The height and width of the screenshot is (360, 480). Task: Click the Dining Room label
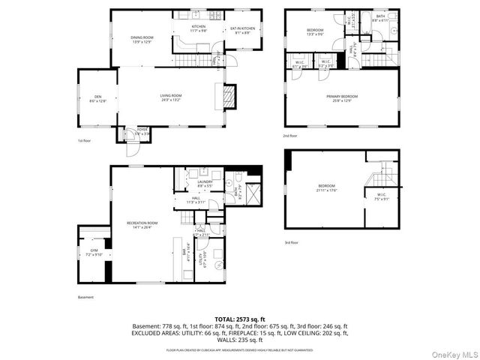point(142,39)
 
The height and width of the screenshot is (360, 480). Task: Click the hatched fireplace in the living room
point(229,96)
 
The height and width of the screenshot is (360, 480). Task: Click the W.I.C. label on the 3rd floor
point(382,196)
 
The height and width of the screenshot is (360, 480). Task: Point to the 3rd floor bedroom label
point(326,187)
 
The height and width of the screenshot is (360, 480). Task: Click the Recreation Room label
point(142,224)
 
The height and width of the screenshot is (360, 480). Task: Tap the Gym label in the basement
point(94,252)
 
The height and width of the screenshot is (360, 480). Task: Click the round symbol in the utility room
point(219,265)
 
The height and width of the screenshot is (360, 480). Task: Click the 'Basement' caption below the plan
point(86,297)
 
